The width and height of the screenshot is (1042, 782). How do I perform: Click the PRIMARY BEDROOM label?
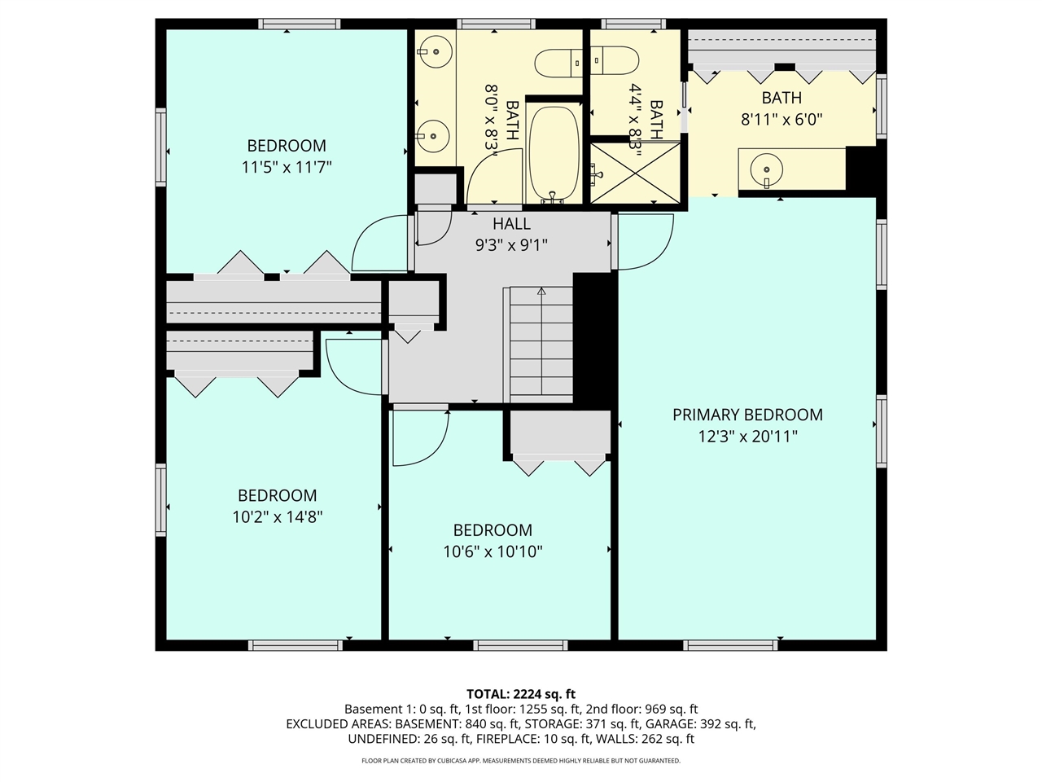747,415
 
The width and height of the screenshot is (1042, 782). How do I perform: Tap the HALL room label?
511,224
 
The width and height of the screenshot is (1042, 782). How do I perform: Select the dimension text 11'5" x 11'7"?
287,167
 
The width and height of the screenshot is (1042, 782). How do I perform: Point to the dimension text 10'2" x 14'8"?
278,517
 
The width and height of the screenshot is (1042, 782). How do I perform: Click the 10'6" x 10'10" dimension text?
493,551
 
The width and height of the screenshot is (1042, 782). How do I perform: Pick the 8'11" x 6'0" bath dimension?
781,120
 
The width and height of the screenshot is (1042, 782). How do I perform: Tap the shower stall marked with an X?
635,173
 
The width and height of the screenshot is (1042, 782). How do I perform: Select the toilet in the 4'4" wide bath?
617,60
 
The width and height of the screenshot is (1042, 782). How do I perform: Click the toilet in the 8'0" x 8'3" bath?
558,64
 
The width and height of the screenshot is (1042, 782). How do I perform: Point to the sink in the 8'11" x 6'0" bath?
766,170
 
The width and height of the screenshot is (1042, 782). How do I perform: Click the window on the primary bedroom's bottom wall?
730,645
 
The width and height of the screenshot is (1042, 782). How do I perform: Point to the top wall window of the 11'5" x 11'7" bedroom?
299,24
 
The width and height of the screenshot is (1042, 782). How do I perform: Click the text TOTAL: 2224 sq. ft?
521,694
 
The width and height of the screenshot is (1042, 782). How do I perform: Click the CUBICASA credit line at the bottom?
521,761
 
